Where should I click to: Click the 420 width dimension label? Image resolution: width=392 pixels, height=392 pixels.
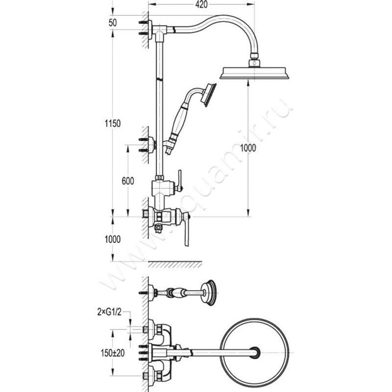[201, 4]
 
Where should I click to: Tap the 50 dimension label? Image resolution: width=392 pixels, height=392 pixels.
[113, 23]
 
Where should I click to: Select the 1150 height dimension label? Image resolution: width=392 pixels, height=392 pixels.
[113, 123]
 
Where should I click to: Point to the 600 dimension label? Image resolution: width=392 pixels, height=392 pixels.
[128, 181]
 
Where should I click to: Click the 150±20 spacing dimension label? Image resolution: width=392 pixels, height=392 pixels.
[113, 353]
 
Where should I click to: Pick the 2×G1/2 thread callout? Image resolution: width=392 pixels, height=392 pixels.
[109, 312]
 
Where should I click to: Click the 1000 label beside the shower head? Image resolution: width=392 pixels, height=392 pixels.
[248, 148]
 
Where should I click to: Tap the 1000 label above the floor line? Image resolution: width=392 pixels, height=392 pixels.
[113, 240]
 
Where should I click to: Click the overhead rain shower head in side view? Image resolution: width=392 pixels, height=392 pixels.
[254, 73]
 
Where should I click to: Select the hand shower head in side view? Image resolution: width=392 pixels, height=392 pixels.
[209, 95]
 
